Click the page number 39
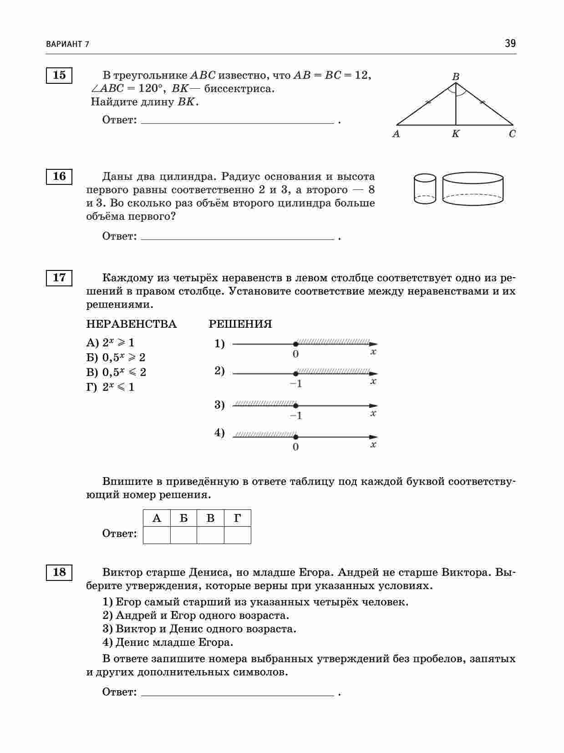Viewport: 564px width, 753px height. (510, 44)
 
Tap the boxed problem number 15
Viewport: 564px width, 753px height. (59, 75)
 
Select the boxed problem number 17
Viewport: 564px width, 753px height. (59, 277)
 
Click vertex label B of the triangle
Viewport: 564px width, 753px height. (456, 77)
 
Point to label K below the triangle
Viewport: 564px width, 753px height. (456, 134)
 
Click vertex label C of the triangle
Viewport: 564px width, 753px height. (513, 134)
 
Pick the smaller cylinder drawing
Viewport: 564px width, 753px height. (425, 188)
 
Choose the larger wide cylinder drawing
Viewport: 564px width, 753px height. (473, 188)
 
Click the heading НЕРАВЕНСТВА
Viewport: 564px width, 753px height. (131, 324)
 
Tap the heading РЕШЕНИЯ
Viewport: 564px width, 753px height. (240, 324)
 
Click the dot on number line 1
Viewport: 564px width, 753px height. (295, 344)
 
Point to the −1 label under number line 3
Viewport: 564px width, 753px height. (296, 416)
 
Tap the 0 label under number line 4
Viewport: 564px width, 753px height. (296, 447)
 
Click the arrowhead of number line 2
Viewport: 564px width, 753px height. (373, 374)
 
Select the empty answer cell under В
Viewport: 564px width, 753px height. (210, 535)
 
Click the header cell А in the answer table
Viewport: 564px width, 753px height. (157, 518)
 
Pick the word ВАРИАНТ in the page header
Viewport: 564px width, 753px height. (64, 44)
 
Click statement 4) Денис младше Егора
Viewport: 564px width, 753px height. (168, 642)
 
